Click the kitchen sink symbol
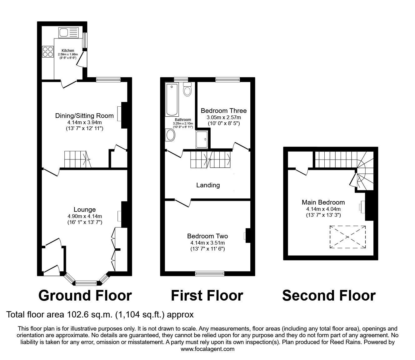point(68,33)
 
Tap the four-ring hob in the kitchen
point(47,52)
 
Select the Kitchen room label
point(68,50)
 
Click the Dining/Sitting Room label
point(84,116)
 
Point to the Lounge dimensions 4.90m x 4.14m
point(85,216)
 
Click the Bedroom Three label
point(223,111)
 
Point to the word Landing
point(208,185)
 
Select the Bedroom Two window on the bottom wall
point(210,273)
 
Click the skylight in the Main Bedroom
point(347,237)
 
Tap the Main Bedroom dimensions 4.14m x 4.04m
point(323,209)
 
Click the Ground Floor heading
point(85,295)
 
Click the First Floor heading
point(207,295)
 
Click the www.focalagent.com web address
point(207,349)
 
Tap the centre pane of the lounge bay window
point(86,283)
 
